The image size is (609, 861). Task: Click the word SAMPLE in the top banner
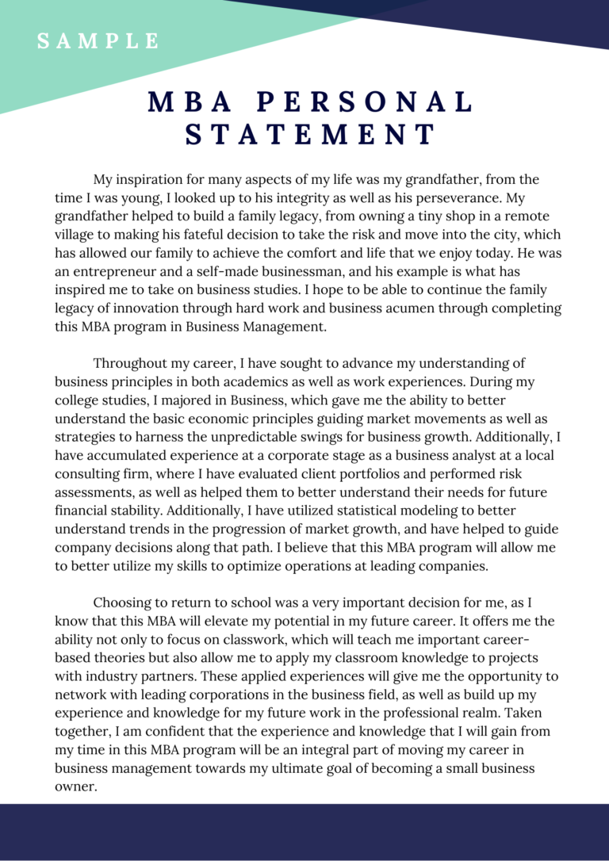tap(98, 41)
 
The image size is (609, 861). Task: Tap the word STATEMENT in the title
tap(311, 134)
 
